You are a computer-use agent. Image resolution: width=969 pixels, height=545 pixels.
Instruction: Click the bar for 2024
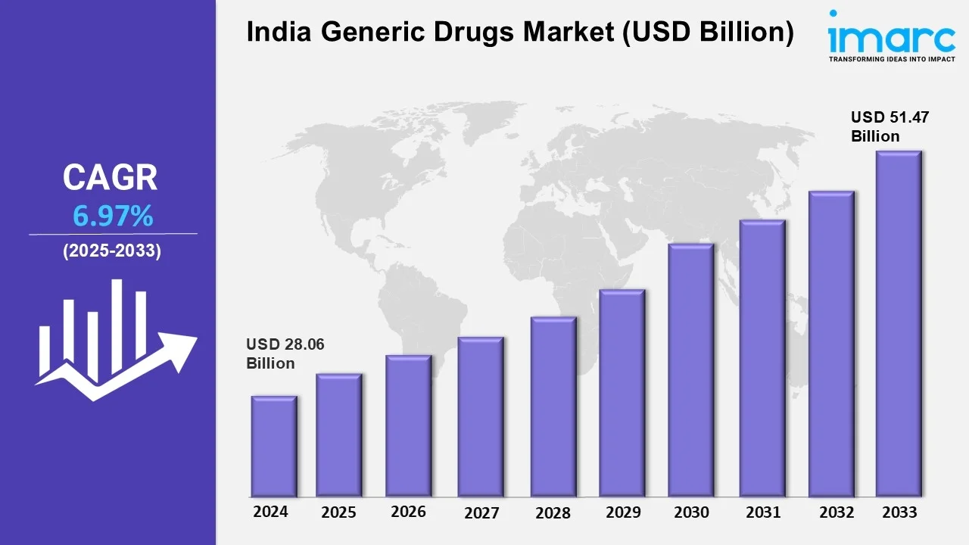(274, 446)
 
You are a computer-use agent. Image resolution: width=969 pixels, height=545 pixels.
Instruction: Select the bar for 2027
(481, 416)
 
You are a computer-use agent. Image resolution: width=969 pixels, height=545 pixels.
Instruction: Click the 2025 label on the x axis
(338, 512)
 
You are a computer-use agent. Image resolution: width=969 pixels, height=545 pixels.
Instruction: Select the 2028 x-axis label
(553, 512)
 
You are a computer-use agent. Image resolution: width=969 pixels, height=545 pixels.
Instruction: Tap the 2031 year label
(762, 512)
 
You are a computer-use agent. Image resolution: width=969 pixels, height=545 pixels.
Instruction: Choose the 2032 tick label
(837, 512)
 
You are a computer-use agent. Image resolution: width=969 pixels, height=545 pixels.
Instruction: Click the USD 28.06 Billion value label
(285, 353)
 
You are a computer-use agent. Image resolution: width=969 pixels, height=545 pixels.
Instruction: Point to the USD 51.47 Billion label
(889, 126)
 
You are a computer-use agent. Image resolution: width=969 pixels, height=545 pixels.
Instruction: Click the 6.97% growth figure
(113, 217)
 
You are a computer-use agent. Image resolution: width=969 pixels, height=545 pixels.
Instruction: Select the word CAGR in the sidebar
(110, 177)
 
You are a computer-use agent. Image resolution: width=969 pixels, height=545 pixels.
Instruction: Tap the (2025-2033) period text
(112, 251)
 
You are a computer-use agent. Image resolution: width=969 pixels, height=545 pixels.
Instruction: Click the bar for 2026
(408, 425)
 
